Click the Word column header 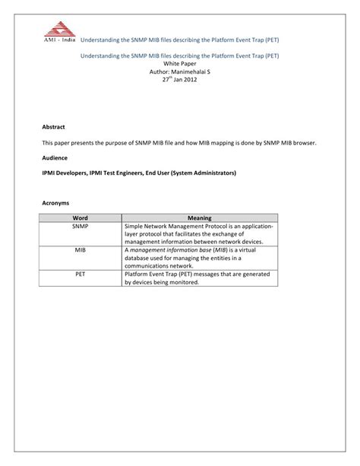tap(80, 217)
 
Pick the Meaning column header tap(199, 217)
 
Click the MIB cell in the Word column tap(80, 249)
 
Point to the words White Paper tap(179, 65)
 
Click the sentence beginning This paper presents tap(178, 142)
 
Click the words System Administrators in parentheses tap(203, 173)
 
